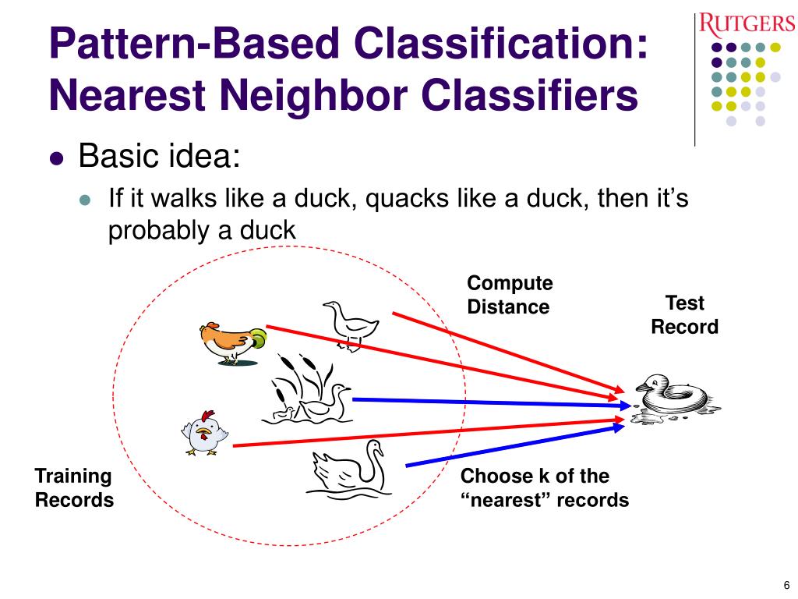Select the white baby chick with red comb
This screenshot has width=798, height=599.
click(203, 433)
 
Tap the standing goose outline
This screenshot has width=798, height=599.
click(348, 322)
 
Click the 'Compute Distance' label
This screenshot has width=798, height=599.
click(509, 295)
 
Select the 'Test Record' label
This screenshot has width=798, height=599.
click(684, 314)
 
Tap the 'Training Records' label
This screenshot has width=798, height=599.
click(74, 487)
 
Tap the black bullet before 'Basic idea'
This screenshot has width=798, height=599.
click(57, 158)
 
